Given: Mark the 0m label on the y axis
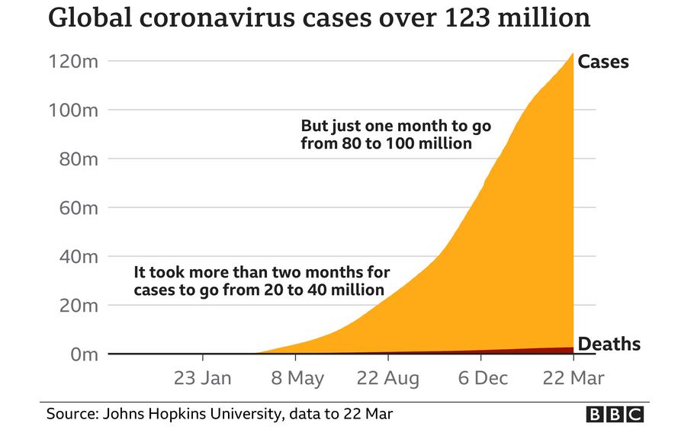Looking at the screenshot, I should click(x=83, y=354).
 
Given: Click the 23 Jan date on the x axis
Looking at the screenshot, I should click(x=203, y=378).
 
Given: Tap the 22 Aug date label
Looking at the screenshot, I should click(x=389, y=378).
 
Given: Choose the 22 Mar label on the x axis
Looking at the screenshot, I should click(x=572, y=378).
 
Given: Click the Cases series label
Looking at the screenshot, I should click(x=603, y=62).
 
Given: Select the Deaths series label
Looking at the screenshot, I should click(x=609, y=345).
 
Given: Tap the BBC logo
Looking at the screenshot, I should click(x=615, y=415).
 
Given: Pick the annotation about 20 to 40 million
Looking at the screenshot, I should click(x=261, y=281).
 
